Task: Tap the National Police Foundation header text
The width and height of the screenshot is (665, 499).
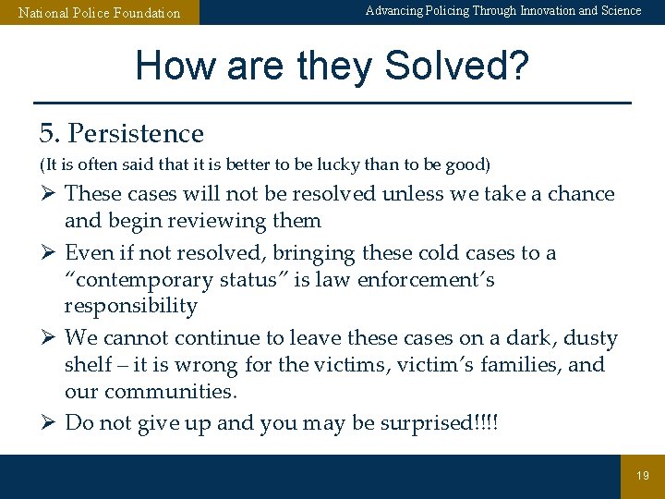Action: click(100, 13)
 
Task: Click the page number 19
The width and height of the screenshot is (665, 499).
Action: click(643, 476)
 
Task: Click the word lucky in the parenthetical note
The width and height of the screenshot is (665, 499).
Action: click(324, 165)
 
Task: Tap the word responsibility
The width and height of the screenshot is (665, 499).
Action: click(131, 306)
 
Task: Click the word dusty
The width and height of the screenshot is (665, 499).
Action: click(591, 338)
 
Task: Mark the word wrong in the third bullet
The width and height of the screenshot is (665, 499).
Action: click(207, 365)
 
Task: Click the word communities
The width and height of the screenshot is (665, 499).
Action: click(170, 392)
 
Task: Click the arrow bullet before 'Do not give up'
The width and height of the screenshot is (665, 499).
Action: click(47, 423)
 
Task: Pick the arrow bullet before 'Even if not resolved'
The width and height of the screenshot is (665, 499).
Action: click(47, 253)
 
